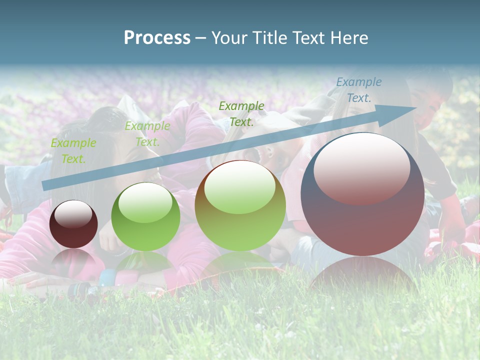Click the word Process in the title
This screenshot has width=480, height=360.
(x=157, y=38)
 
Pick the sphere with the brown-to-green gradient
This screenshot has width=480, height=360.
(x=240, y=205)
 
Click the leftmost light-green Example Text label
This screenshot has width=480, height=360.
(x=73, y=151)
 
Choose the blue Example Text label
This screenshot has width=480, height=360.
(x=359, y=90)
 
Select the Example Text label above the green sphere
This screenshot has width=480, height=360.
(x=147, y=134)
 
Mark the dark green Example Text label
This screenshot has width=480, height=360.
(x=241, y=113)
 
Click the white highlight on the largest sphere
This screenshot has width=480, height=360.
(x=361, y=167)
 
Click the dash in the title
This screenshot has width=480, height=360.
(x=200, y=38)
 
